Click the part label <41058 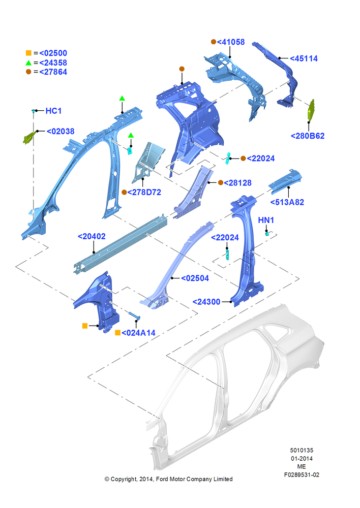click(231, 42)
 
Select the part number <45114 click(304, 58)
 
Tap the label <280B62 click(308, 136)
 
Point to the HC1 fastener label click(53, 111)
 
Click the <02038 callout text click(61, 131)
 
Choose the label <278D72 click(144, 192)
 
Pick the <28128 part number click(238, 183)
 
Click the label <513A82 click(287, 202)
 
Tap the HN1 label click(266, 220)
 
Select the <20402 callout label click(92, 237)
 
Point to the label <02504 click(195, 278)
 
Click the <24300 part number click(206, 302)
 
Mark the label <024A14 click(138, 333)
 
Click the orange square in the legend click(28, 53)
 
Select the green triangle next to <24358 click(28, 62)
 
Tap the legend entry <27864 click(53, 72)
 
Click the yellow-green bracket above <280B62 click(311, 110)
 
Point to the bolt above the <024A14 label click(134, 315)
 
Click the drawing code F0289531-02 click(302, 474)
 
